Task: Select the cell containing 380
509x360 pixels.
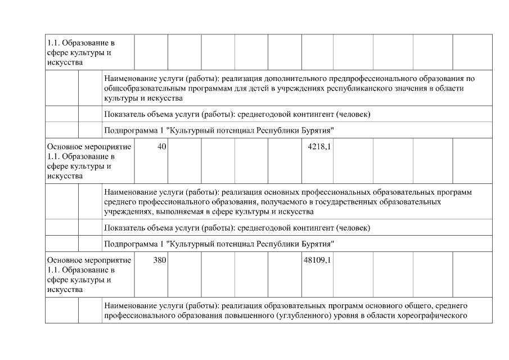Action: click(159, 261)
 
